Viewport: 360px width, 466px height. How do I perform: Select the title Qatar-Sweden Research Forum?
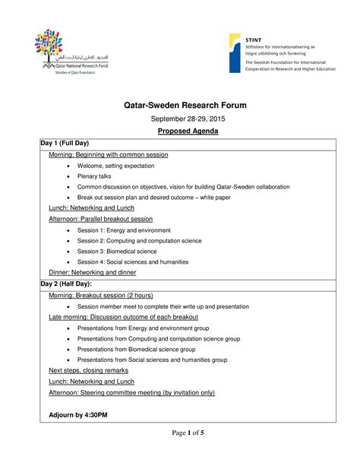[x=179, y=104]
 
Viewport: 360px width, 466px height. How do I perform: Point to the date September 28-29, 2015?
[x=180, y=119]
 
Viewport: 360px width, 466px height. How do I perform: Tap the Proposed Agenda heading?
[x=180, y=132]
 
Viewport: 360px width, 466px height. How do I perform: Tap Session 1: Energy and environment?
[x=124, y=230]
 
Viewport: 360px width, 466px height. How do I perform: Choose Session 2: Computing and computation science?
[x=139, y=240]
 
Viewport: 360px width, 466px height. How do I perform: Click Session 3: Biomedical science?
[x=117, y=251]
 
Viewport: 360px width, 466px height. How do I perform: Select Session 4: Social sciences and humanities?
[x=132, y=262]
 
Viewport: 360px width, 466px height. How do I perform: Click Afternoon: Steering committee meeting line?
[x=131, y=392]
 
